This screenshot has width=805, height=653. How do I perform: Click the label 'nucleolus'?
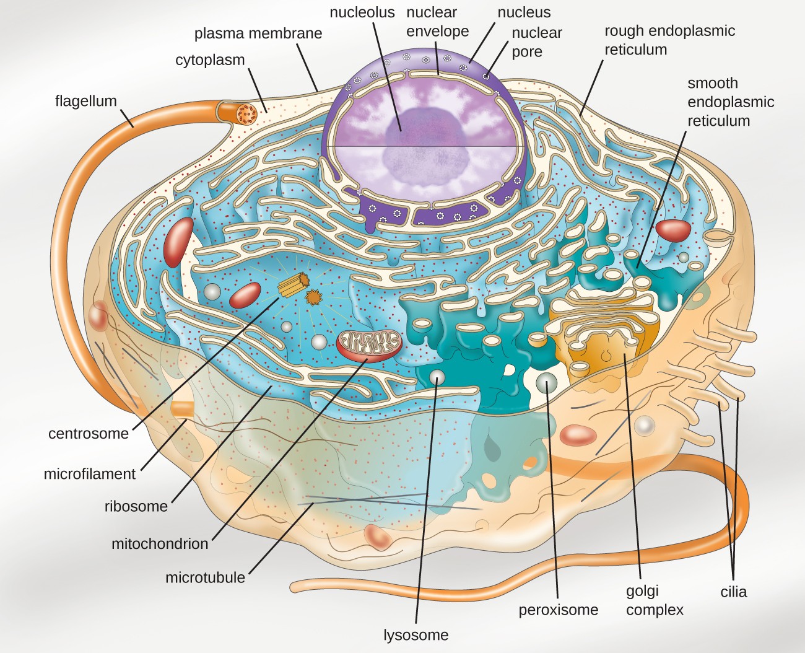pos(362,12)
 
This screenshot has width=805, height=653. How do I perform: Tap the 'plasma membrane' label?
pos(258,33)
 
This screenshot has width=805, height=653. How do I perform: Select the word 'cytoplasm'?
pos(210,60)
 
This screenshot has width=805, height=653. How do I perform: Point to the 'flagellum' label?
pos(85,101)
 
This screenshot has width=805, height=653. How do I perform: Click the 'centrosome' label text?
pos(89,434)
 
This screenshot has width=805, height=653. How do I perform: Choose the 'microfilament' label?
pos(89,474)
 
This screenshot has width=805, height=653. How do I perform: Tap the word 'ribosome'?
pos(136,507)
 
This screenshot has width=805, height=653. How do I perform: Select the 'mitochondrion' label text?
pos(160,544)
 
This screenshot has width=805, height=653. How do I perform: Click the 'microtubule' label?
pos(205,578)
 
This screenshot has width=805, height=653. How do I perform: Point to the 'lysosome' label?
pos(416,635)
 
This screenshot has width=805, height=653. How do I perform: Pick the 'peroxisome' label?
pos(558,610)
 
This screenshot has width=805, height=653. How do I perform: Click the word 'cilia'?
pos(733,592)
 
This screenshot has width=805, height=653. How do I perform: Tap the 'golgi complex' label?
pos(654,600)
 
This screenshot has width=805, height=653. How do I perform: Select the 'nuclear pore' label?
pos(536,42)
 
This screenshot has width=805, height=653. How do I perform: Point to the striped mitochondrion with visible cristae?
pos(369,344)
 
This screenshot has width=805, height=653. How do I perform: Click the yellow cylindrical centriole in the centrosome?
pos(293,285)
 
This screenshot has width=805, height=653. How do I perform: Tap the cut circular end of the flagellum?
pos(246,113)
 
